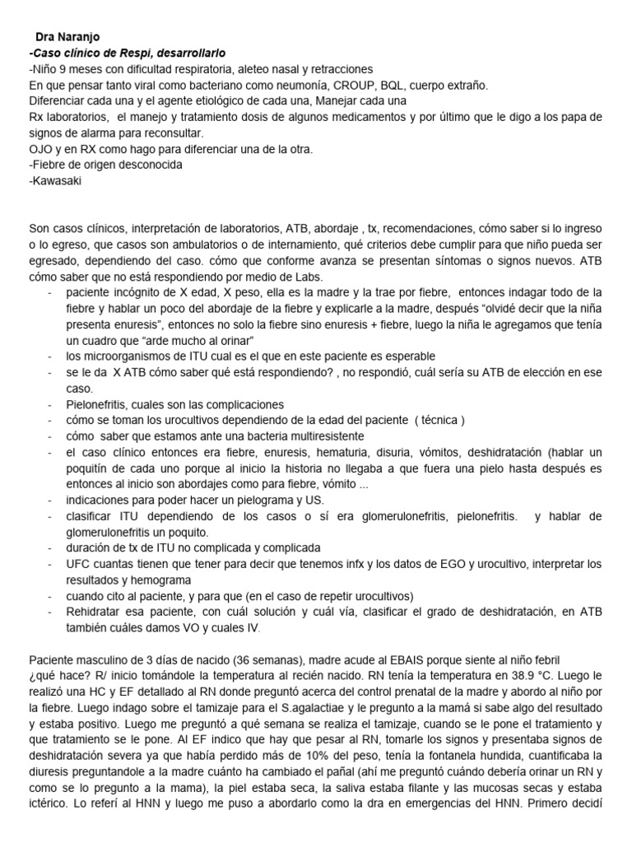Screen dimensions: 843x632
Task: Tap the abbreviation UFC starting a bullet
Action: click(x=81, y=563)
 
